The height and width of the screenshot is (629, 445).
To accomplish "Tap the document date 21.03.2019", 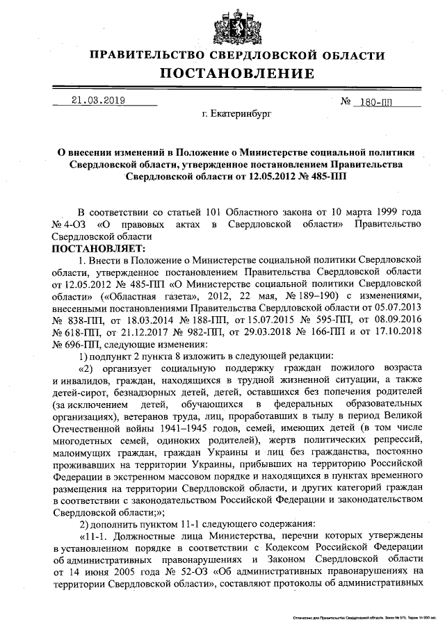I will click(x=98, y=100).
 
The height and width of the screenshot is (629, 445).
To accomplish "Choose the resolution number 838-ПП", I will click(x=84, y=318).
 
